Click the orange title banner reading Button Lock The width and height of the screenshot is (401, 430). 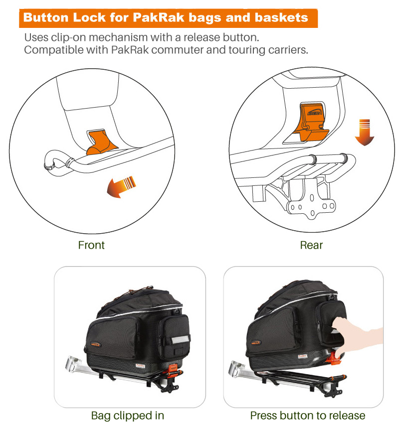pos(169,18)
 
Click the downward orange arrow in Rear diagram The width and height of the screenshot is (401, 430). pos(365,132)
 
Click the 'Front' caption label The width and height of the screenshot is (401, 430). pos(92,245)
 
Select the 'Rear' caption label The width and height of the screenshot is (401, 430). pos(312,245)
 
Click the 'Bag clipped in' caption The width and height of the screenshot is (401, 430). pos(128,415)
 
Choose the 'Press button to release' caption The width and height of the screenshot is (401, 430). pos(307,415)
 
